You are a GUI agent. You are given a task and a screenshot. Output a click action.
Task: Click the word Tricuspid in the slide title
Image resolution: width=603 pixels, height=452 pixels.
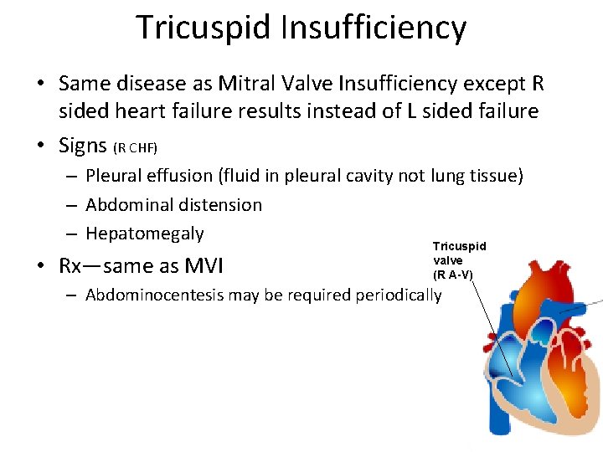point(204,28)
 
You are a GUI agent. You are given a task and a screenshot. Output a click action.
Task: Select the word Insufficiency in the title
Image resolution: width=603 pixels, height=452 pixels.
point(374,28)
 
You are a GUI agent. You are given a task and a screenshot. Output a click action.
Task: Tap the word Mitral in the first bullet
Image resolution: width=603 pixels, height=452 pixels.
point(250,84)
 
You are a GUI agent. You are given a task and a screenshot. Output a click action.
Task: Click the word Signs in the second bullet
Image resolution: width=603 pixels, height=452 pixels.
point(83,146)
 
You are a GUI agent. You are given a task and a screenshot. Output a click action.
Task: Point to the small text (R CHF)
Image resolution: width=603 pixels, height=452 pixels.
point(135,148)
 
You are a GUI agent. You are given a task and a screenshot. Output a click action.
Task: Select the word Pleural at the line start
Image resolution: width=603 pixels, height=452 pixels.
point(114,176)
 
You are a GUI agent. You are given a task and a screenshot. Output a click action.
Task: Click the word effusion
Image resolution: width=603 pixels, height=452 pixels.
point(179,176)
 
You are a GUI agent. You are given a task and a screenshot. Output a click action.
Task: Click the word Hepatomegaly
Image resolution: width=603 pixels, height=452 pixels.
point(145,234)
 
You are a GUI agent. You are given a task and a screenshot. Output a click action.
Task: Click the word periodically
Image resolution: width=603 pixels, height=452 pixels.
point(399,295)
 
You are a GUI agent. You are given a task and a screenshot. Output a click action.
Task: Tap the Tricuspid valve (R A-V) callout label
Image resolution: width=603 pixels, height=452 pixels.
point(457,259)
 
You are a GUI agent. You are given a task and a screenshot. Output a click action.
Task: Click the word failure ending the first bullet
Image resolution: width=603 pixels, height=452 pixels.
point(505,111)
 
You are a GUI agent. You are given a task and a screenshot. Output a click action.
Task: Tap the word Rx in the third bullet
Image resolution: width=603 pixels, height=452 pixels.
point(71,266)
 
